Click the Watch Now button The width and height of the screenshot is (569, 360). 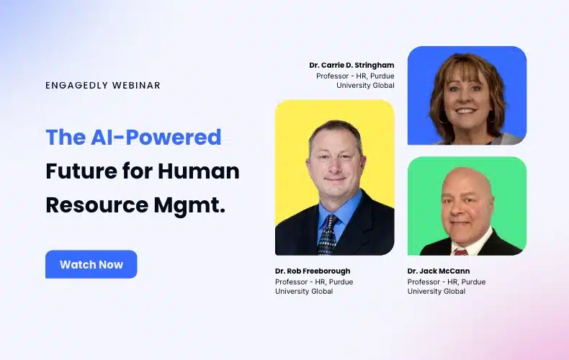[91, 264]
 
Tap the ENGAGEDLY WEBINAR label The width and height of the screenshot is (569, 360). [103, 85]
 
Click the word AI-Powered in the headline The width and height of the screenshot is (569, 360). [156, 138]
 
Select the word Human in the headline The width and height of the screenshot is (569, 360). [199, 171]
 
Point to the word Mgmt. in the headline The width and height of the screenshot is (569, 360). [189, 206]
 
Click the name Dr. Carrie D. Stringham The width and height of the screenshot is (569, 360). [351, 66]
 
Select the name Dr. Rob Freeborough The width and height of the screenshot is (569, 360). [313, 271]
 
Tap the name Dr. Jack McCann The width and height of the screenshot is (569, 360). [439, 271]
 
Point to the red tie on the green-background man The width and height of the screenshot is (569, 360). [460, 252]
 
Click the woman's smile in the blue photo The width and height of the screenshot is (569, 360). [465, 110]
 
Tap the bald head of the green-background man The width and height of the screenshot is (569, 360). [466, 179]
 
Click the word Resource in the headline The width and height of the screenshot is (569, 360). [97, 204]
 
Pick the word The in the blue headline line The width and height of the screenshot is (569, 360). [66, 138]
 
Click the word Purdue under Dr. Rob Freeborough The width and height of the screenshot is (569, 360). [341, 282]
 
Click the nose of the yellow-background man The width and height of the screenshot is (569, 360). [336, 166]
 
